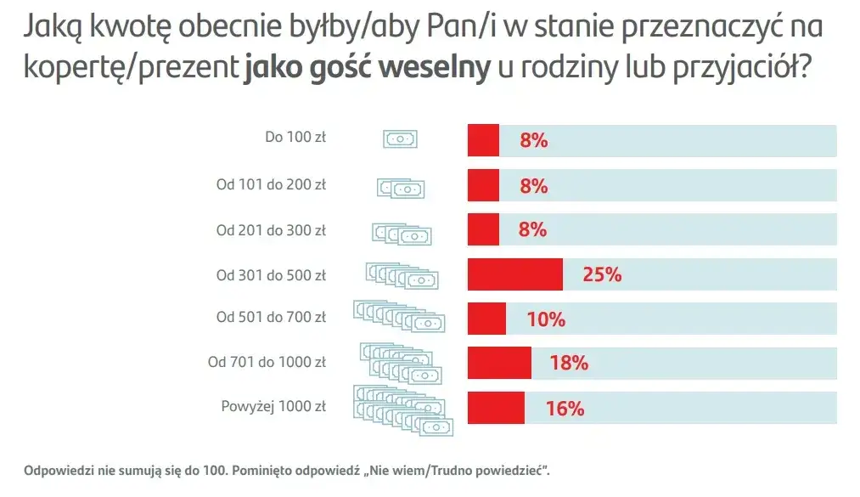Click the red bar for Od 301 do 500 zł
pyautogui.click(x=514, y=274)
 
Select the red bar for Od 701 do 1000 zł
pyautogui.click(x=499, y=363)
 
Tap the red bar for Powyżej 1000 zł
pyautogui.click(x=496, y=408)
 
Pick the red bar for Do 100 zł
pyautogui.click(x=483, y=140)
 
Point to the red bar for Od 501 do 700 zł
pyautogui.click(x=486, y=319)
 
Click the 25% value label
pyautogui.click(x=602, y=274)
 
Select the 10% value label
pyautogui.click(x=545, y=319)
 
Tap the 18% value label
pyautogui.click(x=569, y=363)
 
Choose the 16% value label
pyautogui.click(x=565, y=408)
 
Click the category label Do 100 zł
pyautogui.click(x=295, y=137)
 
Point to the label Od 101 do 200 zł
pyautogui.click(x=271, y=184)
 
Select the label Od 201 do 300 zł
pyautogui.click(x=271, y=230)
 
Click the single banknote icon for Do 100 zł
pyautogui.click(x=401, y=139)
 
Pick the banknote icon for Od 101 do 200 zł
pyautogui.click(x=401, y=188)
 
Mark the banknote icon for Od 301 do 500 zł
pyautogui.click(x=402, y=274)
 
